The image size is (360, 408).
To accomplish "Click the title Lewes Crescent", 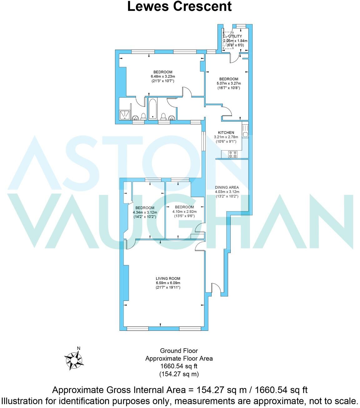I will [179, 6].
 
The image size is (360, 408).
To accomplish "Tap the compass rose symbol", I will [74, 361].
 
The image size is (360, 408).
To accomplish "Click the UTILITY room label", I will [235, 36].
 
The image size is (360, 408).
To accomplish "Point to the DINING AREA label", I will [227, 187].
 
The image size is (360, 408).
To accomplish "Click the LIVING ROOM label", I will [168, 278].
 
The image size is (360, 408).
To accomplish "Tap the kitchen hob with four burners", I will [232, 154].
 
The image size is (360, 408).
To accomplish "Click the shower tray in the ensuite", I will [125, 115].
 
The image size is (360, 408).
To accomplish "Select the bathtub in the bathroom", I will [152, 109].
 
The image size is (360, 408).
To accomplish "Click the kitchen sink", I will [245, 134].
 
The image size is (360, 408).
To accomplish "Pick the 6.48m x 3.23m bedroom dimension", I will [163, 77].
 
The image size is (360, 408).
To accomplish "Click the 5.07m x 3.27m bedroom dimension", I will [229, 83].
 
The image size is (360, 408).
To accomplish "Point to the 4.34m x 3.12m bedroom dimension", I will [145, 212].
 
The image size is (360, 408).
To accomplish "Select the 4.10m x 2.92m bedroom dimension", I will [184, 211].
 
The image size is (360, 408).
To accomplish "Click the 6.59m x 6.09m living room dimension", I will [168, 283].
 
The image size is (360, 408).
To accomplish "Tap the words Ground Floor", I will [179, 351].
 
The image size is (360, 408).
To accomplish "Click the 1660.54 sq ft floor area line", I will [179, 366].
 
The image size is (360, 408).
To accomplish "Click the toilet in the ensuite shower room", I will [143, 116].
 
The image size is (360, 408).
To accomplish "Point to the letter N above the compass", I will [79, 348].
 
